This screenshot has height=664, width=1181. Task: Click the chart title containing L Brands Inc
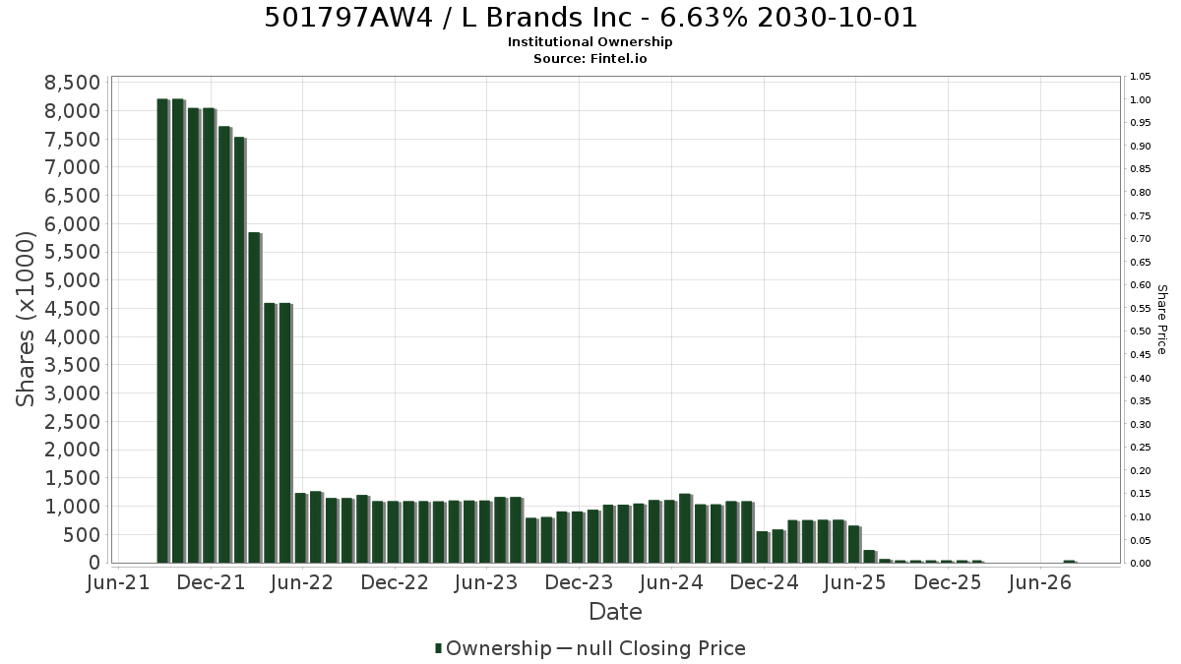[x=590, y=18]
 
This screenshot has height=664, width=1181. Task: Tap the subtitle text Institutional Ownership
[x=590, y=42]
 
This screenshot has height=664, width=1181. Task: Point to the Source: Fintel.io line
[x=590, y=58]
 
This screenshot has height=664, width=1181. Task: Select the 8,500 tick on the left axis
[x=72, y=83]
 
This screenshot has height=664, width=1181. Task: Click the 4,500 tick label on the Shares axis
[x=72, y=308]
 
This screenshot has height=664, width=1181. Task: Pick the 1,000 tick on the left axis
[x=72, y=507]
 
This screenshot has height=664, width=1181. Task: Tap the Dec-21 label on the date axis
[x=211, y=582]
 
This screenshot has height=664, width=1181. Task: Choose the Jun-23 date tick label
[x=486, y=582]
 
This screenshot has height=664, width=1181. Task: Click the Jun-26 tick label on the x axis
[x=1039, y=582]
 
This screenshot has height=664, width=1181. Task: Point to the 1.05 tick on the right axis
[x=1140, y=77]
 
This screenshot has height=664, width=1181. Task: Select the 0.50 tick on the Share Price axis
[x=1140, y=332]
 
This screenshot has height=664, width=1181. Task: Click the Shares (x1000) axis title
[x=25, y=319]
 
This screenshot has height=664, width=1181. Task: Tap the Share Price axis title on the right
[x=1162, y=320]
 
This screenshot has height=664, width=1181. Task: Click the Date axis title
[x=615, y=612]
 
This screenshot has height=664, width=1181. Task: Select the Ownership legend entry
[x=493, y=648]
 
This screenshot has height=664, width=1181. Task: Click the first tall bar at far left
[x=163, y=331]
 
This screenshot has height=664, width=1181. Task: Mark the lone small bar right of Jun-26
[x=1070, y=562]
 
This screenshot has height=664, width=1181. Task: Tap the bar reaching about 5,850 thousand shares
[x=255, y=397]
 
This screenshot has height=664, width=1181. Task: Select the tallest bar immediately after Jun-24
[x=685, y=528]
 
